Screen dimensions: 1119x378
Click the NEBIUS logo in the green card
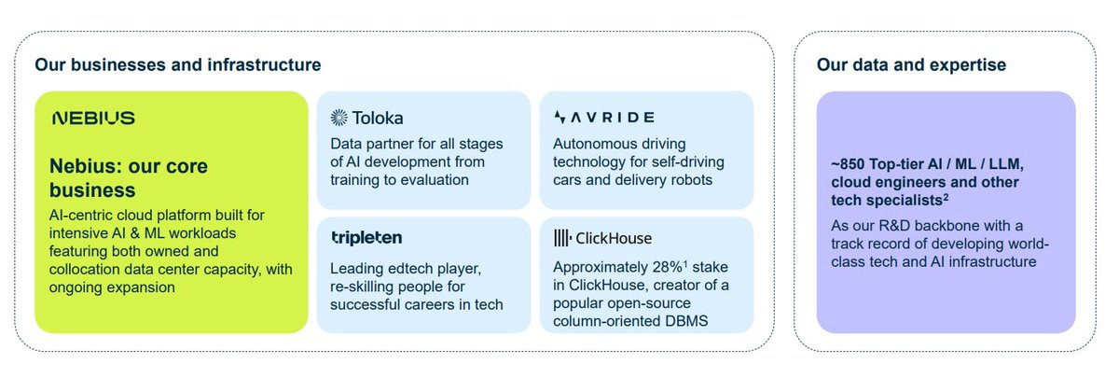coord(94,118)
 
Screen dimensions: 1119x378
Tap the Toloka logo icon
coord(339,118)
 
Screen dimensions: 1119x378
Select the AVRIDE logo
coord(603,118)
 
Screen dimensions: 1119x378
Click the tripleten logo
coord(366,238)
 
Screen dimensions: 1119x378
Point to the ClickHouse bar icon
coord(563,238)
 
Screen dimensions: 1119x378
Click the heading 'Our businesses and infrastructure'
coord(177,65)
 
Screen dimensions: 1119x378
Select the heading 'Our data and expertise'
coord(911,65)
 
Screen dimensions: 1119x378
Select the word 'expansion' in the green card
coord(144,287)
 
